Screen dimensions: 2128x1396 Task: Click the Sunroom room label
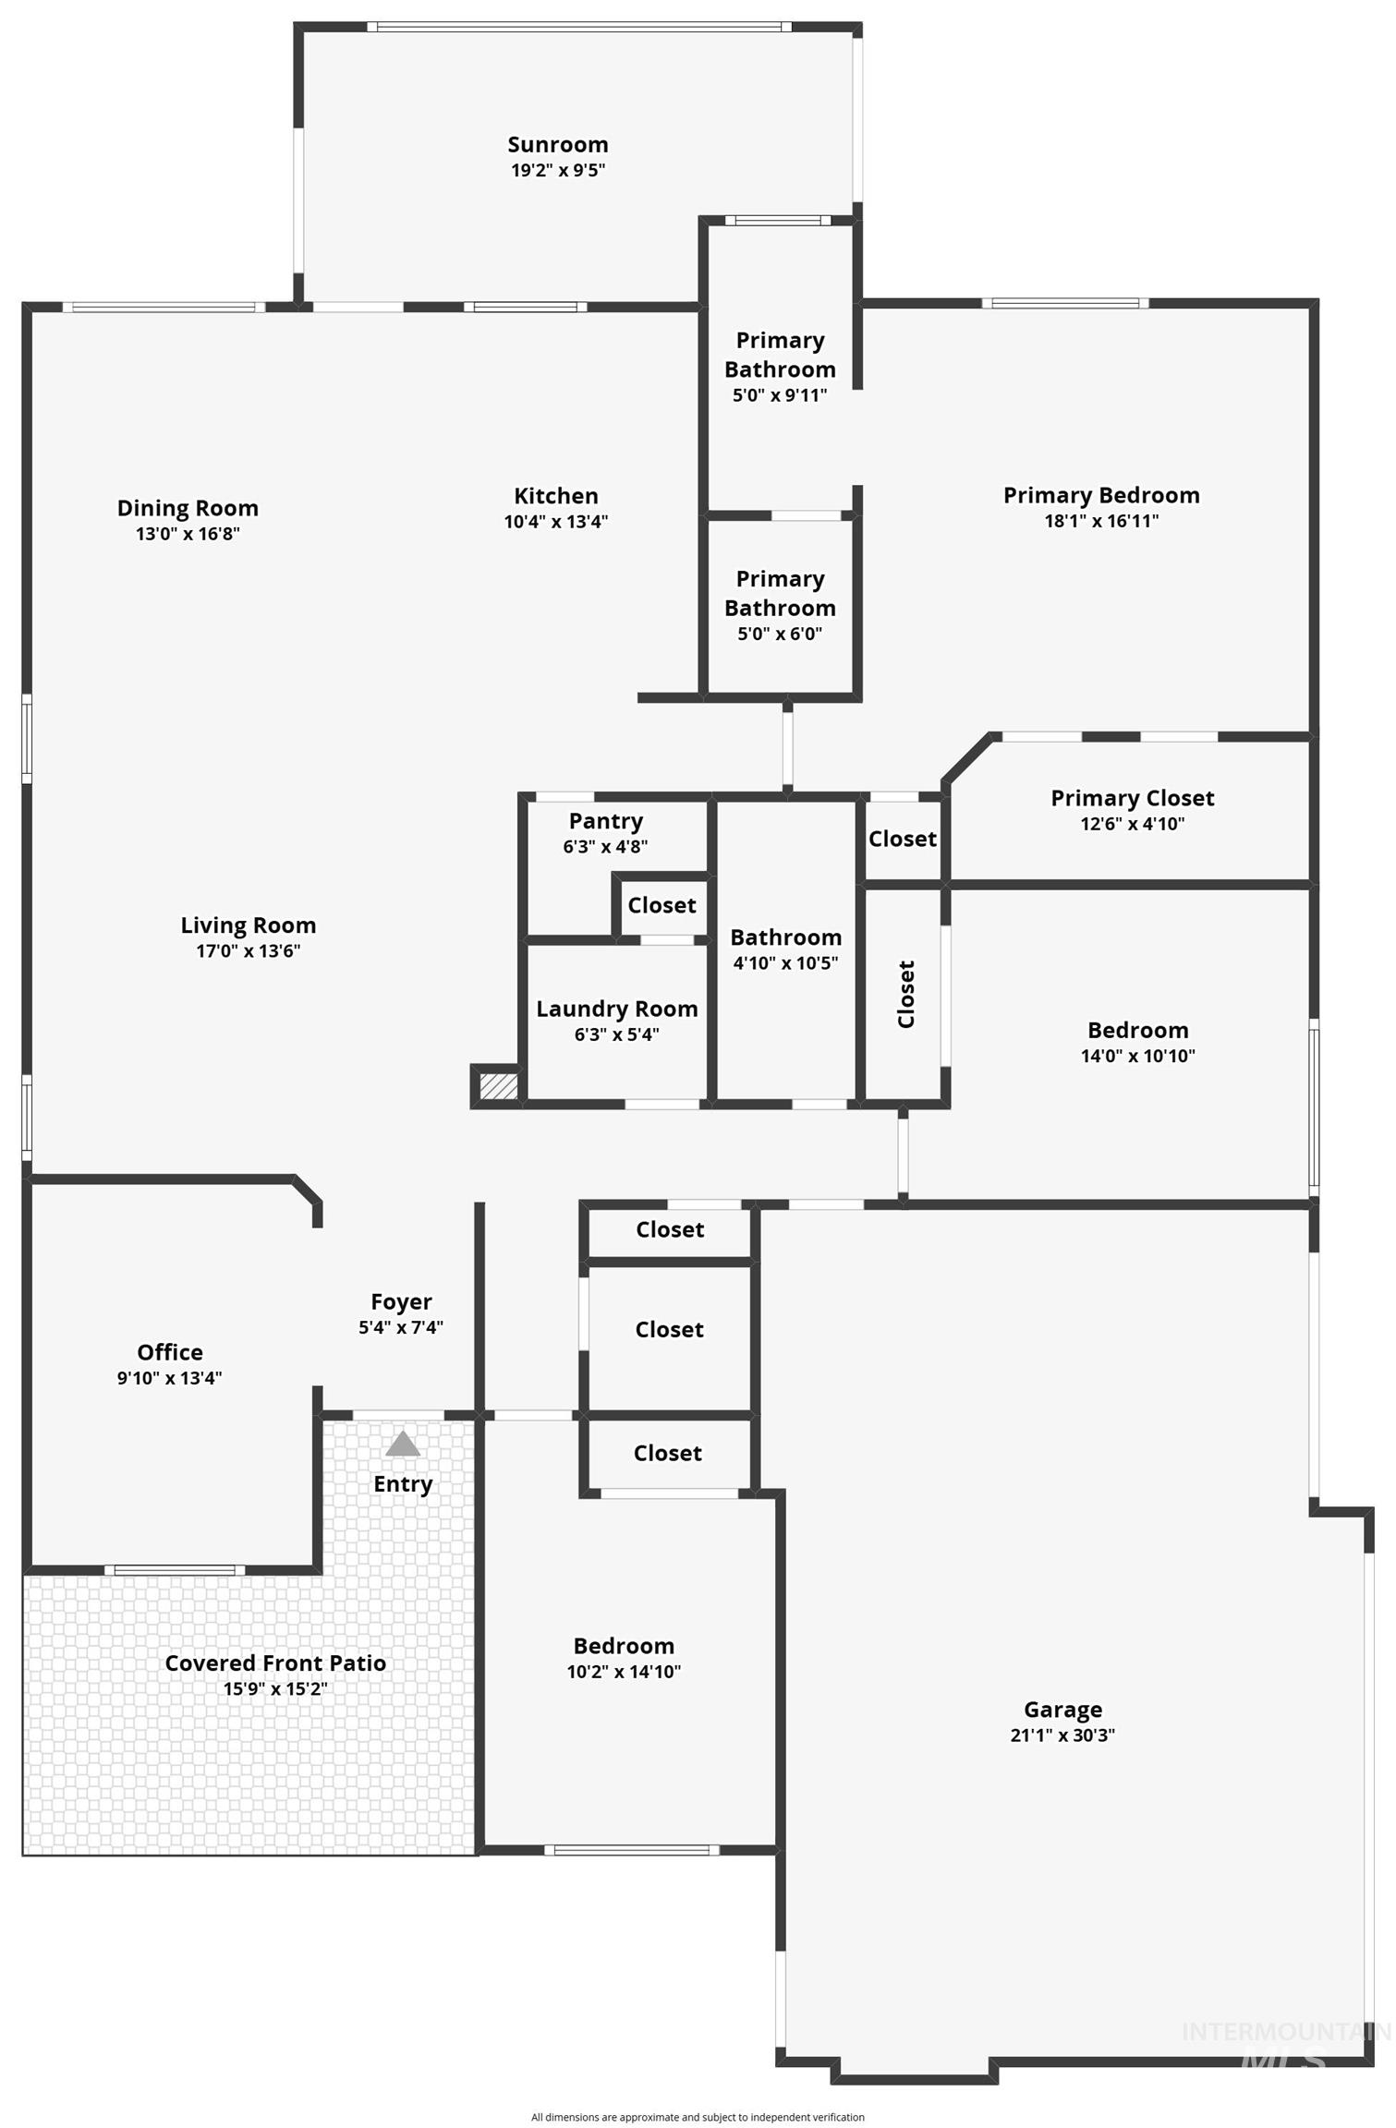(x=557, y=145)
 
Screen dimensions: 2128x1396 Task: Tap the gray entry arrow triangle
(x=403, y=1444)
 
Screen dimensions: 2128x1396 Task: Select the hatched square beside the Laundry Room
(x=499, y=1085)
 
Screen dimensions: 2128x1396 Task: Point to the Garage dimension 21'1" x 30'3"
(x=1062, y=1735)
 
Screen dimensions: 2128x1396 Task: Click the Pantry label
(x=605, y=821)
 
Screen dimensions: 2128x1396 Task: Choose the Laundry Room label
(x=616, y=1009)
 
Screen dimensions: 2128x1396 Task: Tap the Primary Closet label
(x=1132, y=798)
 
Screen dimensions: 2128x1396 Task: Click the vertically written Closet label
(x=906, y=994)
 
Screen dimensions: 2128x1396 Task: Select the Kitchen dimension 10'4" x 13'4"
(x=555, y=522)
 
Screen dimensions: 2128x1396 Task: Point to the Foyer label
(x=401, y=1301)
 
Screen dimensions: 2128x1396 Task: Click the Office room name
(x=170, y=1352)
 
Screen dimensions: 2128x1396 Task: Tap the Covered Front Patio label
(x=275, y=1663)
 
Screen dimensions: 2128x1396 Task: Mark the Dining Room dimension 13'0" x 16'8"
(x=188, y=534)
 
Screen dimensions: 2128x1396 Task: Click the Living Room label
(x=248, y=925)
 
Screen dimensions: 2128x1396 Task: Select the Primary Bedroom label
(x=1101, y=495)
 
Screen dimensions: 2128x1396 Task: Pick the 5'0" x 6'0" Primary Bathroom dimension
(x=780, y=634)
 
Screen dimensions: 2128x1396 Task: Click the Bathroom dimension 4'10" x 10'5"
(x=785, y=963)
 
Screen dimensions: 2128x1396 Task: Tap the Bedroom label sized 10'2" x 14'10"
(x=624, y=1646)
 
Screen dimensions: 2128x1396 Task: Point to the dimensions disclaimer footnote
(x=698, y=2117)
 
